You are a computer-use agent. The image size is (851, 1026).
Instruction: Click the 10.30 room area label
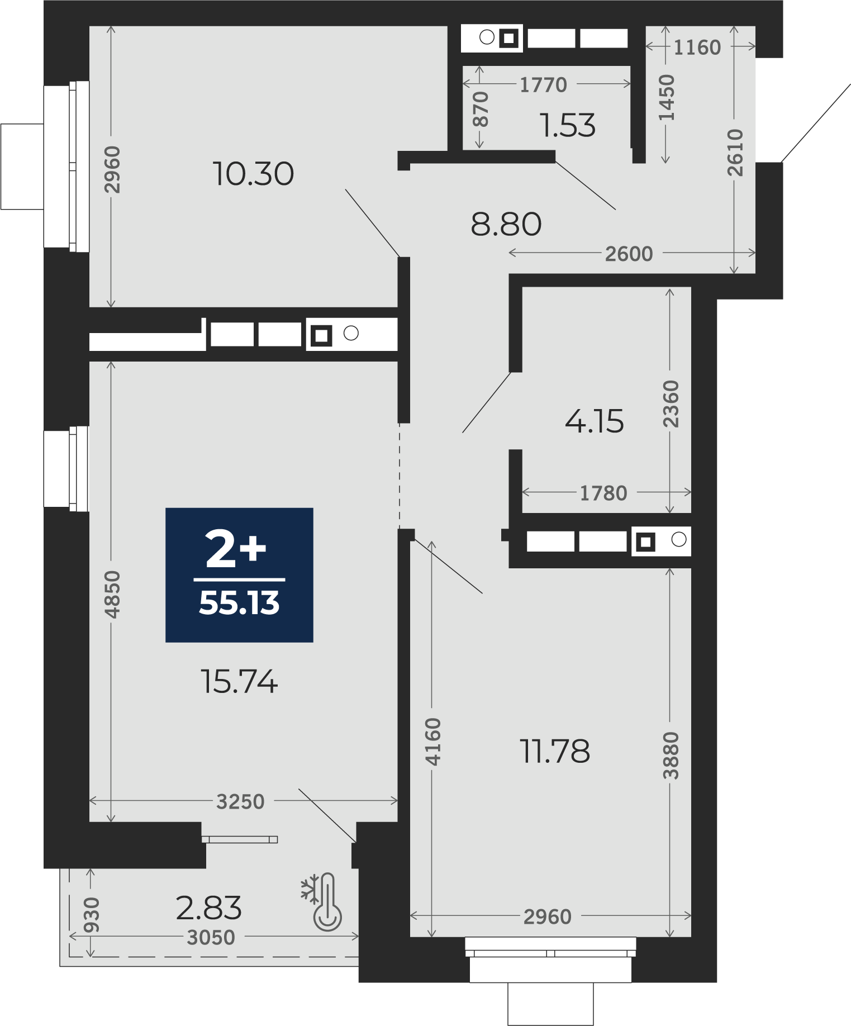pyautogui.click(x=253, y=174)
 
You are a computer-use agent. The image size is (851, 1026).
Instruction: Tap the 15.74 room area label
pyautogui.click(x=239, y=682)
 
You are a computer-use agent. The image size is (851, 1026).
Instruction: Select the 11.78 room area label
pyautogui.click(x=555, y=751)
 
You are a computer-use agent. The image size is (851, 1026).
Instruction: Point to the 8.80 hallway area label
pyautogui.click(x=506, y=224)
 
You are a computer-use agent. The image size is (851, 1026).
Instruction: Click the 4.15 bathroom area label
pyautogui.click(x=595, y=421)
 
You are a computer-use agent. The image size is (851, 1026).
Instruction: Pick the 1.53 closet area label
pyautogui.click(x=568, y=125)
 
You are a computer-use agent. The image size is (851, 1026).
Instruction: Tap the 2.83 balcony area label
pyautogui.click(x=209, y=908)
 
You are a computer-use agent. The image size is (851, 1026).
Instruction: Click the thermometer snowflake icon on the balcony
pyautogui.click(x=322, y=902)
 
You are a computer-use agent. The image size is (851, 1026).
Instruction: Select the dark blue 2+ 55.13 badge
pyautogui.click(x=239, y=575)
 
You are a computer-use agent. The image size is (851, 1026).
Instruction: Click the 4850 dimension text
pyautogui.click(x=112, y=595)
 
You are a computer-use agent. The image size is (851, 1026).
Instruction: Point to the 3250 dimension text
pyautogui.click(x=240, y=802)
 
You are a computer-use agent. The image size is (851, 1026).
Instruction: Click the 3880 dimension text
pyautogui.click(x=671, y=756)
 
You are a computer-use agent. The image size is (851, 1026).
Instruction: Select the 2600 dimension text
pyautogui.click(x=629, y=254)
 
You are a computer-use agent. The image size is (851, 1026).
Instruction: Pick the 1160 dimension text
pyautogui.click(x=697, y=47)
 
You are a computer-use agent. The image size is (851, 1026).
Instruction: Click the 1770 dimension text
pyautogui.click(x=543, y=85)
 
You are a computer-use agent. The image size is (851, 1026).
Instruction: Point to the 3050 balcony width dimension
pyautogui.click(x=211, y=938)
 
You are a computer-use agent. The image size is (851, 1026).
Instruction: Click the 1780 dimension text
pyautogui.click(x=603, y=493)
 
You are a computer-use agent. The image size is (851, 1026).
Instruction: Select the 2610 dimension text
pyautogui.click(x=735, y=153)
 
